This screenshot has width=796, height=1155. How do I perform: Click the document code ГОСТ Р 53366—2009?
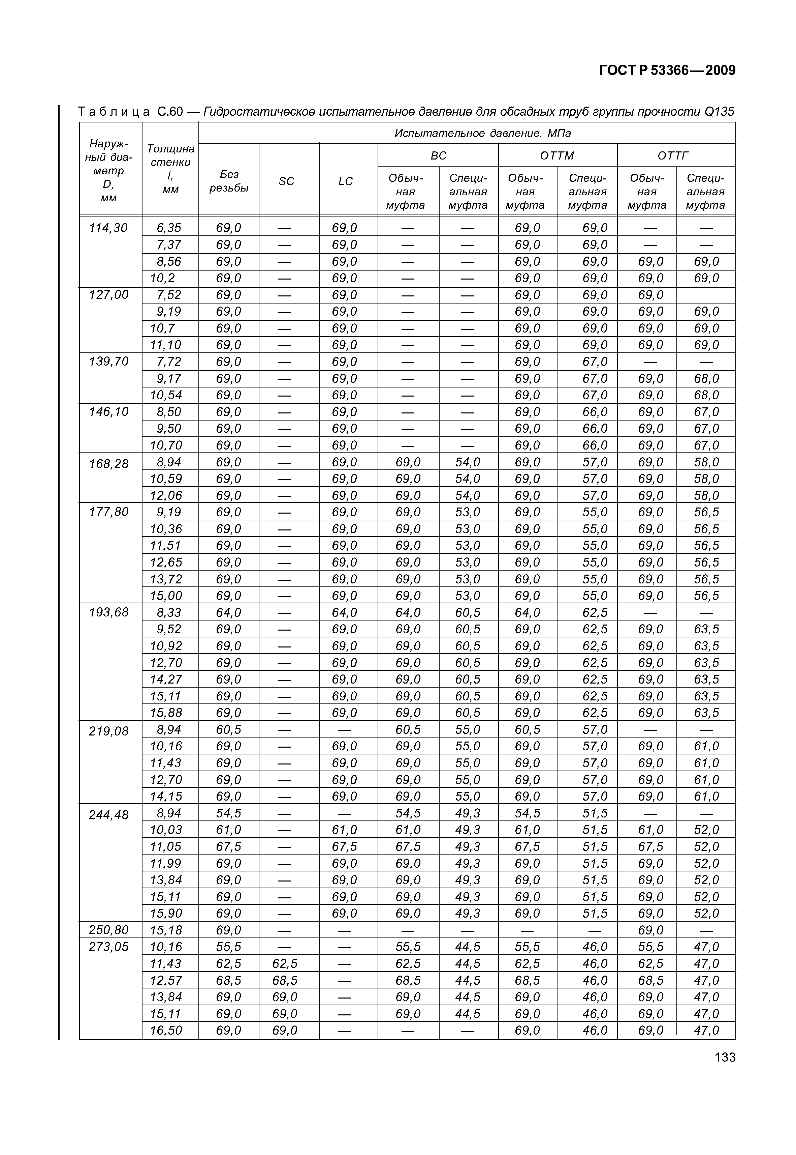[667, 70]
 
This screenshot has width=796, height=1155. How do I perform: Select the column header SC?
[286, 181]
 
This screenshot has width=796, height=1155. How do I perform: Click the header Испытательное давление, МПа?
[482, 133]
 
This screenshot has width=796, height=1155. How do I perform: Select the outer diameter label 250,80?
[109, 930]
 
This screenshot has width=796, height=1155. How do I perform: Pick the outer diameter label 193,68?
[109, 612]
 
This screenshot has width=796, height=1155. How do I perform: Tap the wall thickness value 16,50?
[166, 1030]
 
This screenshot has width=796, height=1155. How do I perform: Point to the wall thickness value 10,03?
[166, 830]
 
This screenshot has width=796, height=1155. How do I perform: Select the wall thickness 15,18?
[166, 930]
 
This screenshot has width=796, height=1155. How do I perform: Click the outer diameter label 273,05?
[109, 947]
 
